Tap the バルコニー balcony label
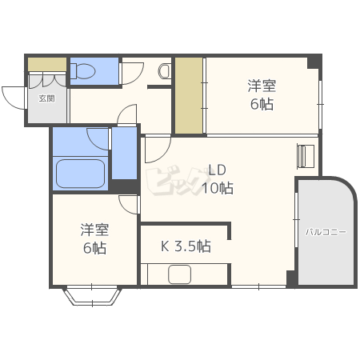[x=326, y=232]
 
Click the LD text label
[x=218, y=170]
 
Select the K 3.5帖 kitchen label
[x=186, y=246]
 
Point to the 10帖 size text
[x=217, y=189]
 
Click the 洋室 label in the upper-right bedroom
[x=262, y=86]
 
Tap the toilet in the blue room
[x=83, y=71]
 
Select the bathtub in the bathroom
[x=79, y=173]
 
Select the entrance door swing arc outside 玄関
[x=14, y=98]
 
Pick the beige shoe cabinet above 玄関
[x=46, y=63]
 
